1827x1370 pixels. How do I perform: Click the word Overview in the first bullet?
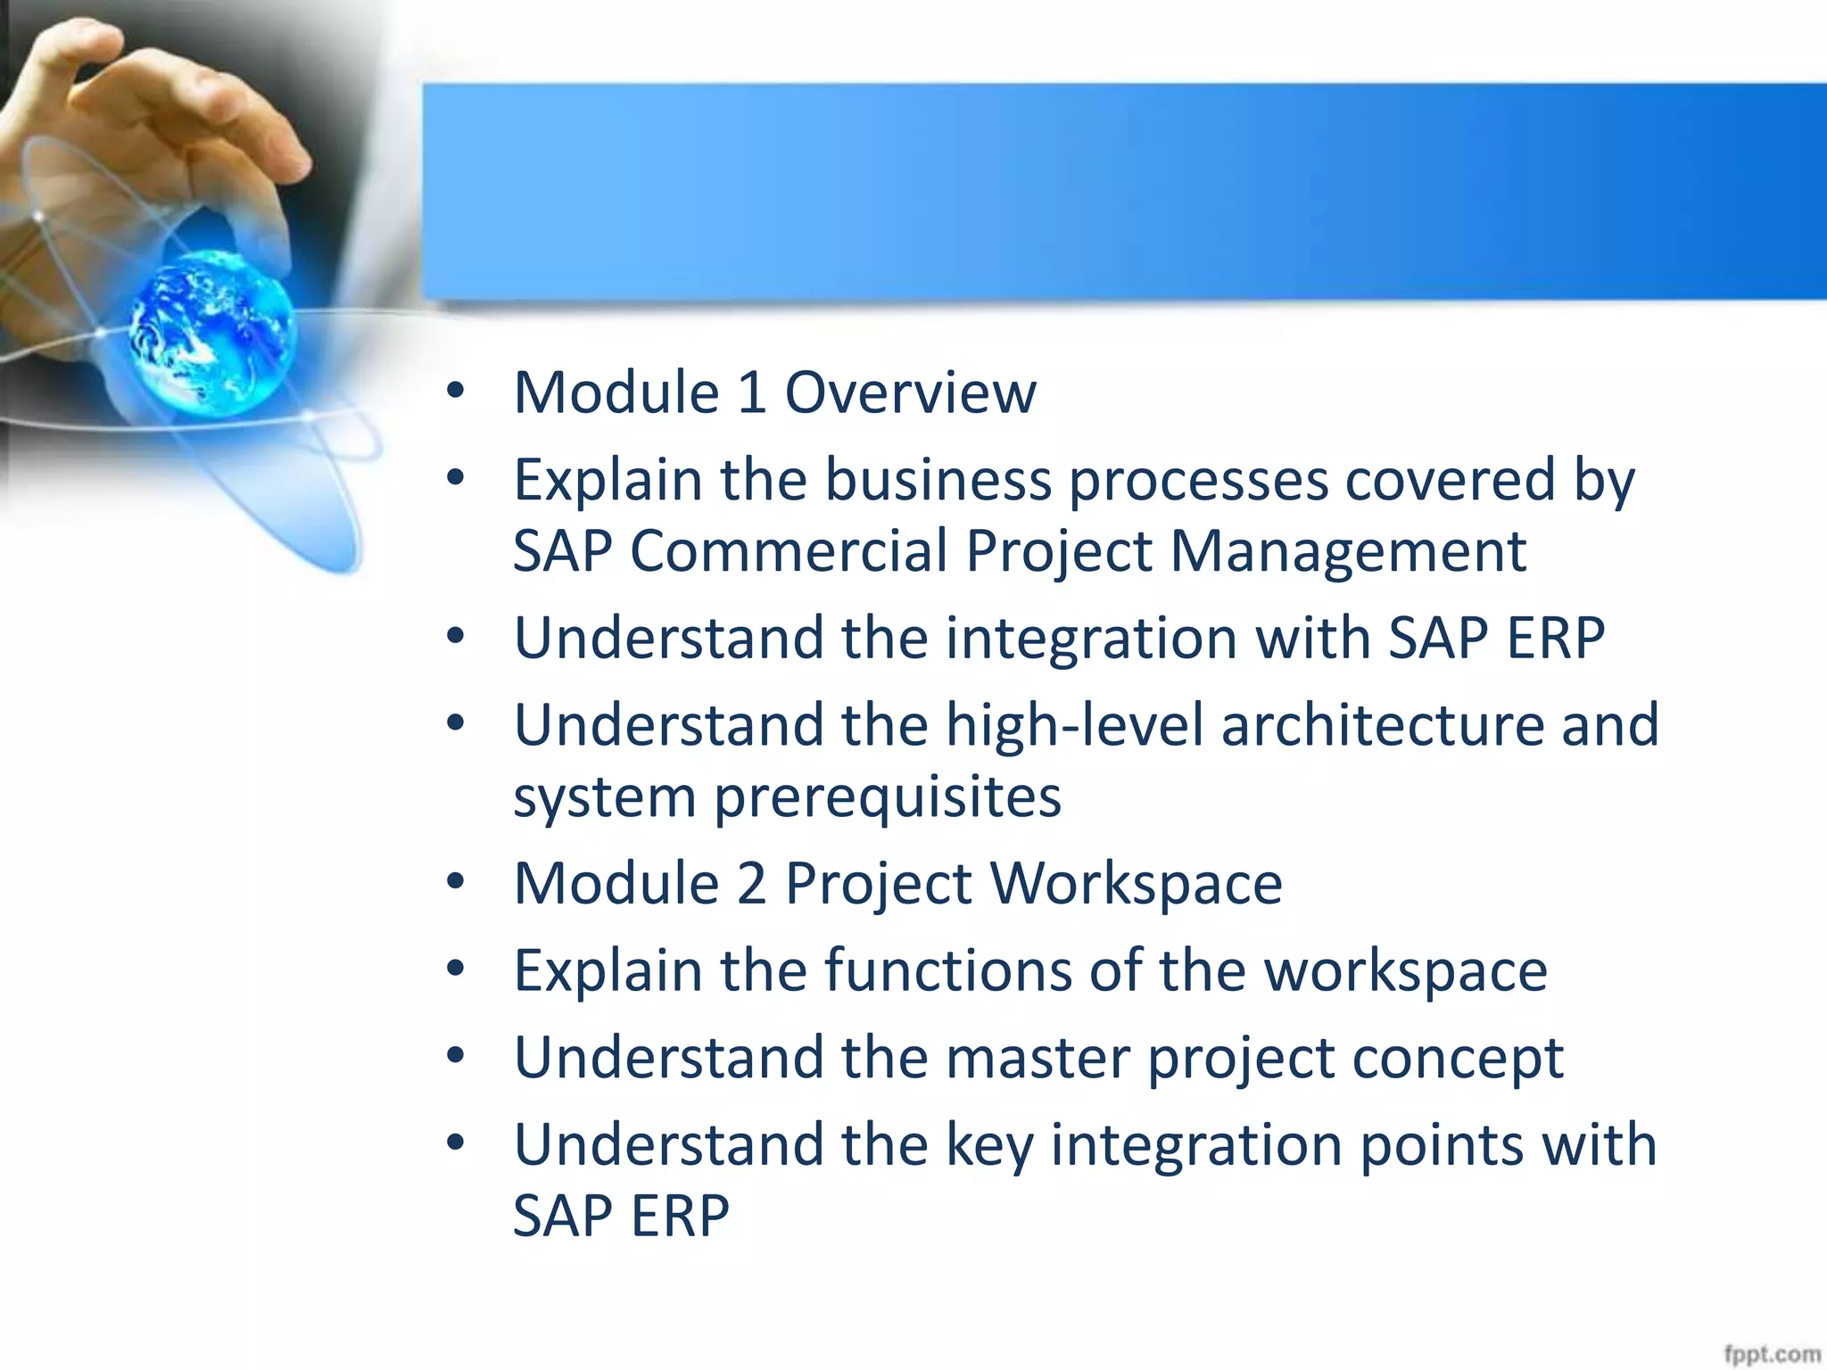coord(910,392)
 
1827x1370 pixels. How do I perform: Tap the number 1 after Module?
coord(752,392)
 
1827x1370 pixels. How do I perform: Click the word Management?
coord(1347,550)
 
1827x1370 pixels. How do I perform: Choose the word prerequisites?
coord(887,796)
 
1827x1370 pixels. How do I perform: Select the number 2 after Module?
coord(752,883)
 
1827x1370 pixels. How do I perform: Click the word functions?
coord(947,970)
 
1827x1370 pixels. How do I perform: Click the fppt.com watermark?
coord(1771,1354)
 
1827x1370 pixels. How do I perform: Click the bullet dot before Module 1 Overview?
coord(456,391)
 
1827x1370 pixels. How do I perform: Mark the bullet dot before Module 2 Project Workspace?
coord(456,881)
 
